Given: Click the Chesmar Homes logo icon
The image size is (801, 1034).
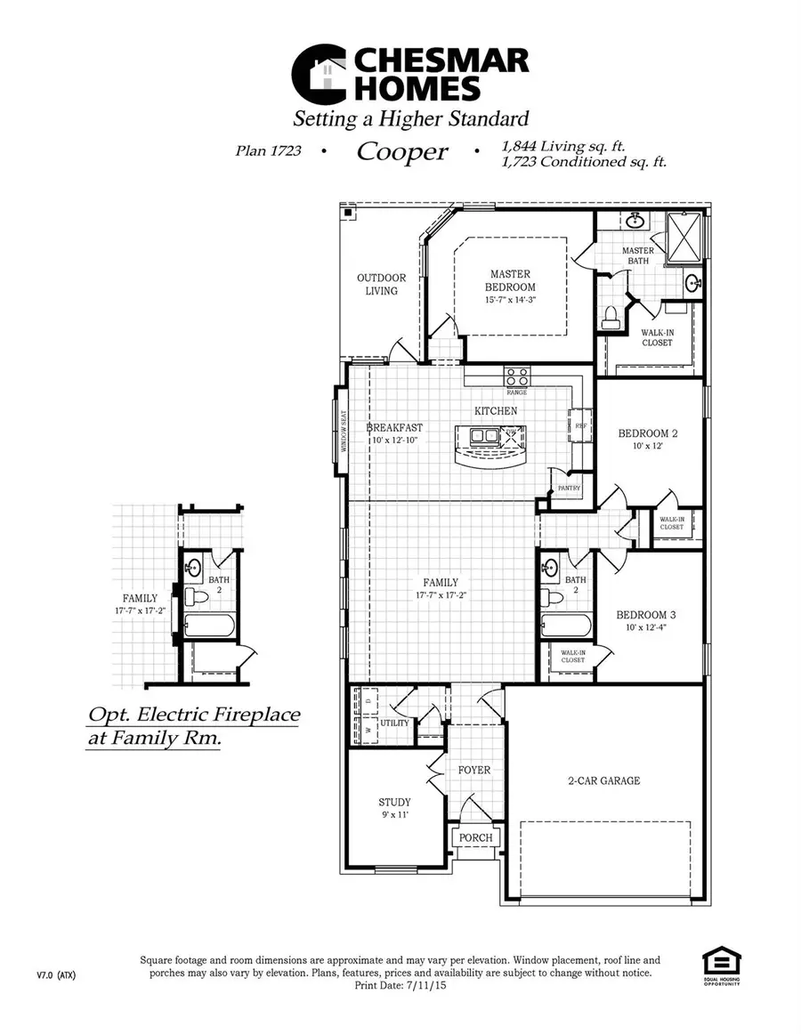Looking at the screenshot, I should (x=320, y=75).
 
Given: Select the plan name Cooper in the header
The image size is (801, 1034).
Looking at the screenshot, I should (x=402, y=152).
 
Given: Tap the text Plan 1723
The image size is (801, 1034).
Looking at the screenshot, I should (x=268, y=151).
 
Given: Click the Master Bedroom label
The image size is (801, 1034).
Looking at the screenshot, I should (x=510, y=280).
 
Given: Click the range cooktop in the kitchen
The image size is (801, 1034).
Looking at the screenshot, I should (x=517, y=376).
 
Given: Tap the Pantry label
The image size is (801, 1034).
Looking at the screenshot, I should (x=569, y=488).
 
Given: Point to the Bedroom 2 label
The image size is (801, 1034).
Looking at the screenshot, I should (x=648, y=433).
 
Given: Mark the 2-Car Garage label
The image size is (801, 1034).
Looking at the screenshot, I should (x=604, y=780).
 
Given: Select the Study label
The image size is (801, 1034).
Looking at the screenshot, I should (x=394, y=802).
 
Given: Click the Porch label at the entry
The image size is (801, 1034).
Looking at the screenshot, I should (x=475, y=837).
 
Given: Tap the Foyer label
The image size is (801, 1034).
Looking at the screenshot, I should (x=474, y=770).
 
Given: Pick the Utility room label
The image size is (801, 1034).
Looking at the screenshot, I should (x=395, y=723).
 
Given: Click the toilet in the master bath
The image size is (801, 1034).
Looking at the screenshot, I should (x=611, y=315).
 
